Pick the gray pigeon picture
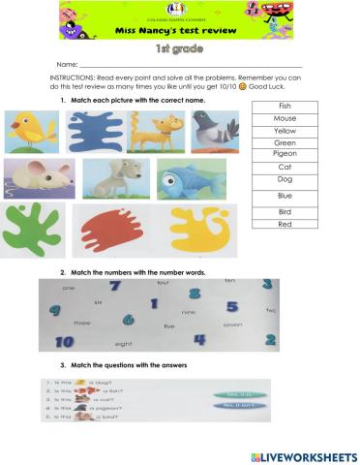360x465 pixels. coord(214,131)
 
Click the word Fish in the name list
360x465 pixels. coord(285,106)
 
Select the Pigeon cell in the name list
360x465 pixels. coord(285,154)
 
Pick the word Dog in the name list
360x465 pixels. coord(285,179)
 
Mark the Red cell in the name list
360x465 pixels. coord(285,224)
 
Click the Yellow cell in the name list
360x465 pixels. coord(285,131)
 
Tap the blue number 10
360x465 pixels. coord(64,341)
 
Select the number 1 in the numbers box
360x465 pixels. coord(154,303)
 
